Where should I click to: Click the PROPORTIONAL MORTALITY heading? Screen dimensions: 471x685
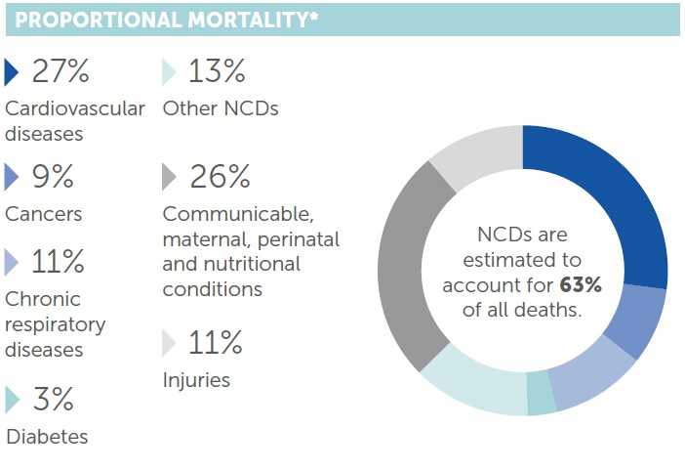(x=167, y=21)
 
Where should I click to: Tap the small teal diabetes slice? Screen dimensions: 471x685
(x=541, y=394)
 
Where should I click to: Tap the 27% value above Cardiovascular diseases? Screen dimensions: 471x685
(x=60, y=72)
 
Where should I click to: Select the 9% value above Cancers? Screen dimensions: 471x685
(x=53, y=177)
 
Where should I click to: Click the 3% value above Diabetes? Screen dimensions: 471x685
(x=53, y=400)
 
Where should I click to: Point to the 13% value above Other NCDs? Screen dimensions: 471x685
(x=216, y=72)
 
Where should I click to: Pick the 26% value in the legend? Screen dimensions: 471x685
(x=219, y=177)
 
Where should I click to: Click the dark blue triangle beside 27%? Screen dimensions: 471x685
(x=12, y=73)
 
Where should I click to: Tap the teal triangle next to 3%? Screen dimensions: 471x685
(x=12, y=400)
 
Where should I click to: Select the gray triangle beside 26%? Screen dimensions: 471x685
(x=169, y=177)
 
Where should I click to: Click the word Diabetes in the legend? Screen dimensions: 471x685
(x=47, y=437)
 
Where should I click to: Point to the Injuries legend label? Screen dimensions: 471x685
(x=196, y=380)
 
